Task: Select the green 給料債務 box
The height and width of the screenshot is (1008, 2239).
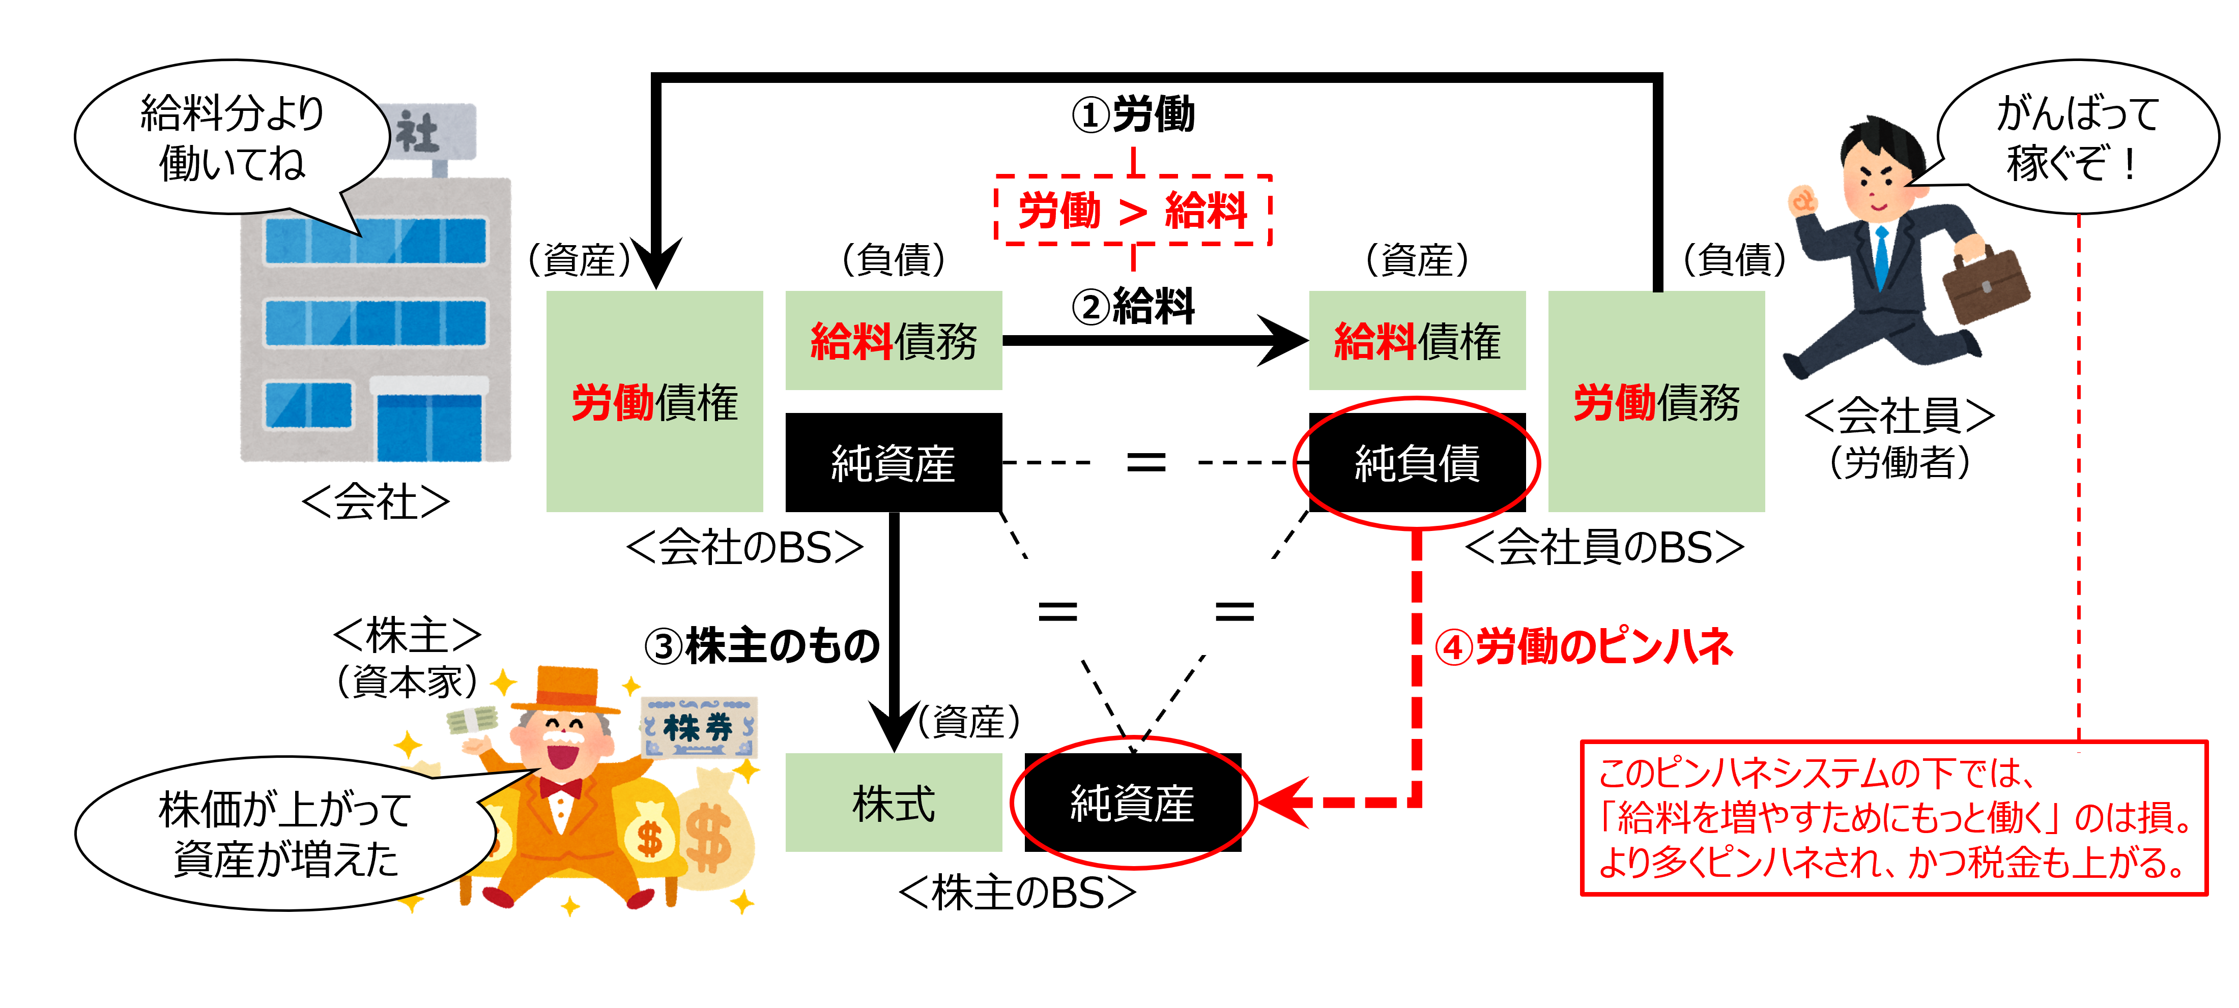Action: pos(894,341)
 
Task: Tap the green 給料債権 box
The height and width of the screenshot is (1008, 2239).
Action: pos(1417,341)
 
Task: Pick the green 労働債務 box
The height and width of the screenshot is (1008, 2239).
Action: pos(1656,401)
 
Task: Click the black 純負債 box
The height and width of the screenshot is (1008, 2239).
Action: pos(1417,462)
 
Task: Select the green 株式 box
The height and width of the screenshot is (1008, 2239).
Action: pos(894,802)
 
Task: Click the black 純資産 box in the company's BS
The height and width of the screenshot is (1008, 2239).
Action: pos(894,462)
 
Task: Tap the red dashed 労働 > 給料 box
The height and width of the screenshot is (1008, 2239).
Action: pos(1133,210)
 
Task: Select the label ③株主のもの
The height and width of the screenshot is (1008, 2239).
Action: pos(761,646)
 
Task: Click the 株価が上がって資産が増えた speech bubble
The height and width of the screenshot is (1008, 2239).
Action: pos(284,834)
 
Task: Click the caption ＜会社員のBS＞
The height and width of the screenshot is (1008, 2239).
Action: pos(1603,547)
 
